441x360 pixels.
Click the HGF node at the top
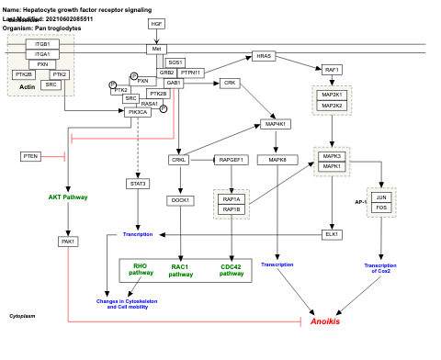click(156, 23)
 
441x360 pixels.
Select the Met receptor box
click(156, 49)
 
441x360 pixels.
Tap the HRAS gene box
click(265, 56)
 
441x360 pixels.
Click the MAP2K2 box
click(333, 106)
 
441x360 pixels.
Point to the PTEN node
click(30, 157)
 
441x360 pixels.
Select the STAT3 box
click(138, 184)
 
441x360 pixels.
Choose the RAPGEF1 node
click(232, 160)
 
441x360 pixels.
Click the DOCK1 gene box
click(179, 200)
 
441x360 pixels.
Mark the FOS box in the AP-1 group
click(381, 208)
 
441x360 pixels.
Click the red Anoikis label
click(325, 321)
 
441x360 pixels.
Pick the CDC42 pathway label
click(231, 270)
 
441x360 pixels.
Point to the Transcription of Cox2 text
click(380, 267)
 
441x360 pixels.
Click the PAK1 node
click(67, 242)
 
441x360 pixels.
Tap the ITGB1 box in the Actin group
click(42, 44)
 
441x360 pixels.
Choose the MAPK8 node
click(278, 160)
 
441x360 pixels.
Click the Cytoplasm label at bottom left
click(22, 315)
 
